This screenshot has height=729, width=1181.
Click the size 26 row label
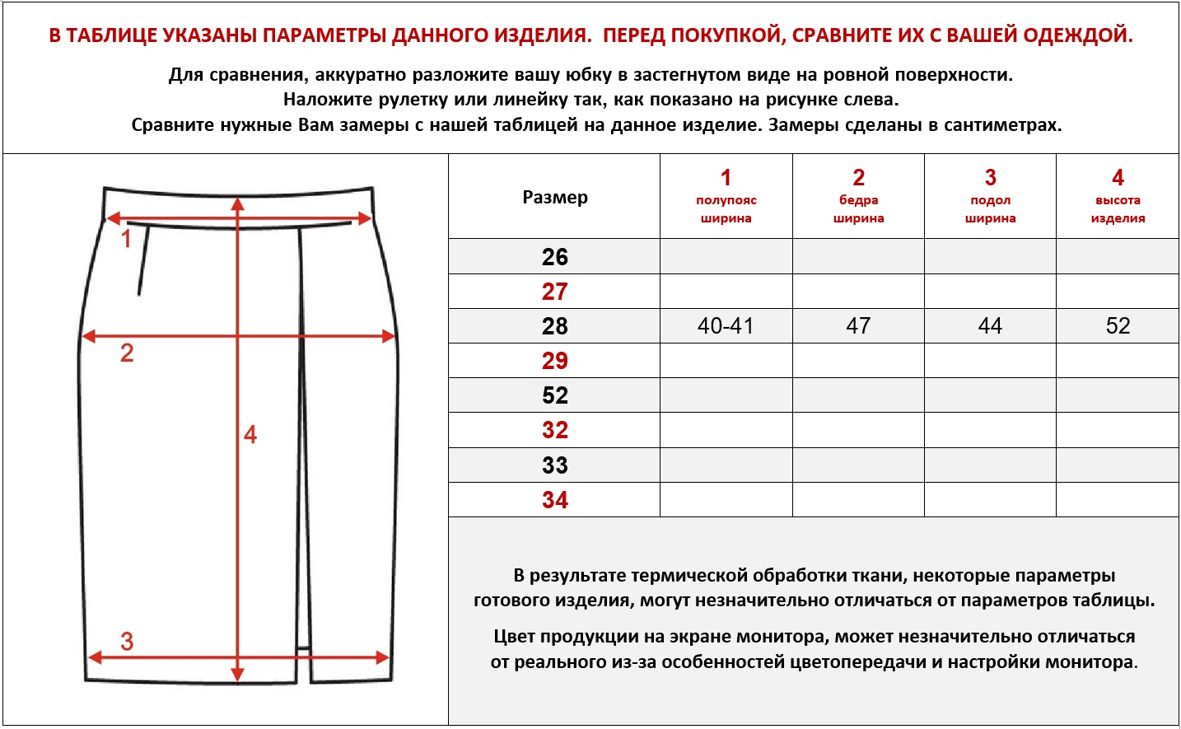[x=554, y=257]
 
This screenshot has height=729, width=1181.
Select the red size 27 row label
[x=554, y=292]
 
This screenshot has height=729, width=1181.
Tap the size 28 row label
[x=554, y=326]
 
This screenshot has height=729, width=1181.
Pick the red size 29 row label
[x=554, y=361]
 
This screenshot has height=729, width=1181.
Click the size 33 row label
[x=554, y=465]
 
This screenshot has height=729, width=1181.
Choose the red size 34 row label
[x=554, y=500]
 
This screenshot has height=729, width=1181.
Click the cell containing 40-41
[x=726, y=326]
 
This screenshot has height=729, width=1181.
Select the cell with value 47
[x=858, y=326]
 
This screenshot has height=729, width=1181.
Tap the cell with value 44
[x=990, y=326]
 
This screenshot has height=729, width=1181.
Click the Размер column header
[x=555, y=198]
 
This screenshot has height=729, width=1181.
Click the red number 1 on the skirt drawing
[x=126, y=240]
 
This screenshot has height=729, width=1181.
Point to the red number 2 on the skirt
[x=127, y=353]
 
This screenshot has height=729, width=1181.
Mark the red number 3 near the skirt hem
[x=127, y=642]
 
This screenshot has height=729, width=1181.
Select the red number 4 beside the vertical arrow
[x=250, y=435]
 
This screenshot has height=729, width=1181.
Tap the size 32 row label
[x=554, y=430]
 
